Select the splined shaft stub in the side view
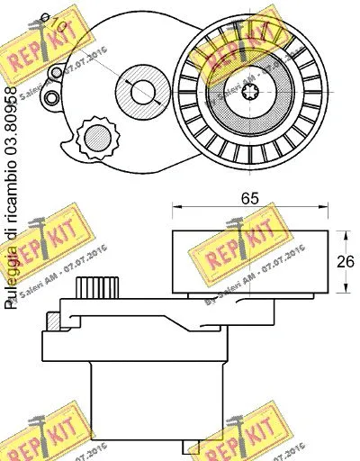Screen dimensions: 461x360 [x=98, y=290]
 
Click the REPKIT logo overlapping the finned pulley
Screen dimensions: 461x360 [x=236, y=63]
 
